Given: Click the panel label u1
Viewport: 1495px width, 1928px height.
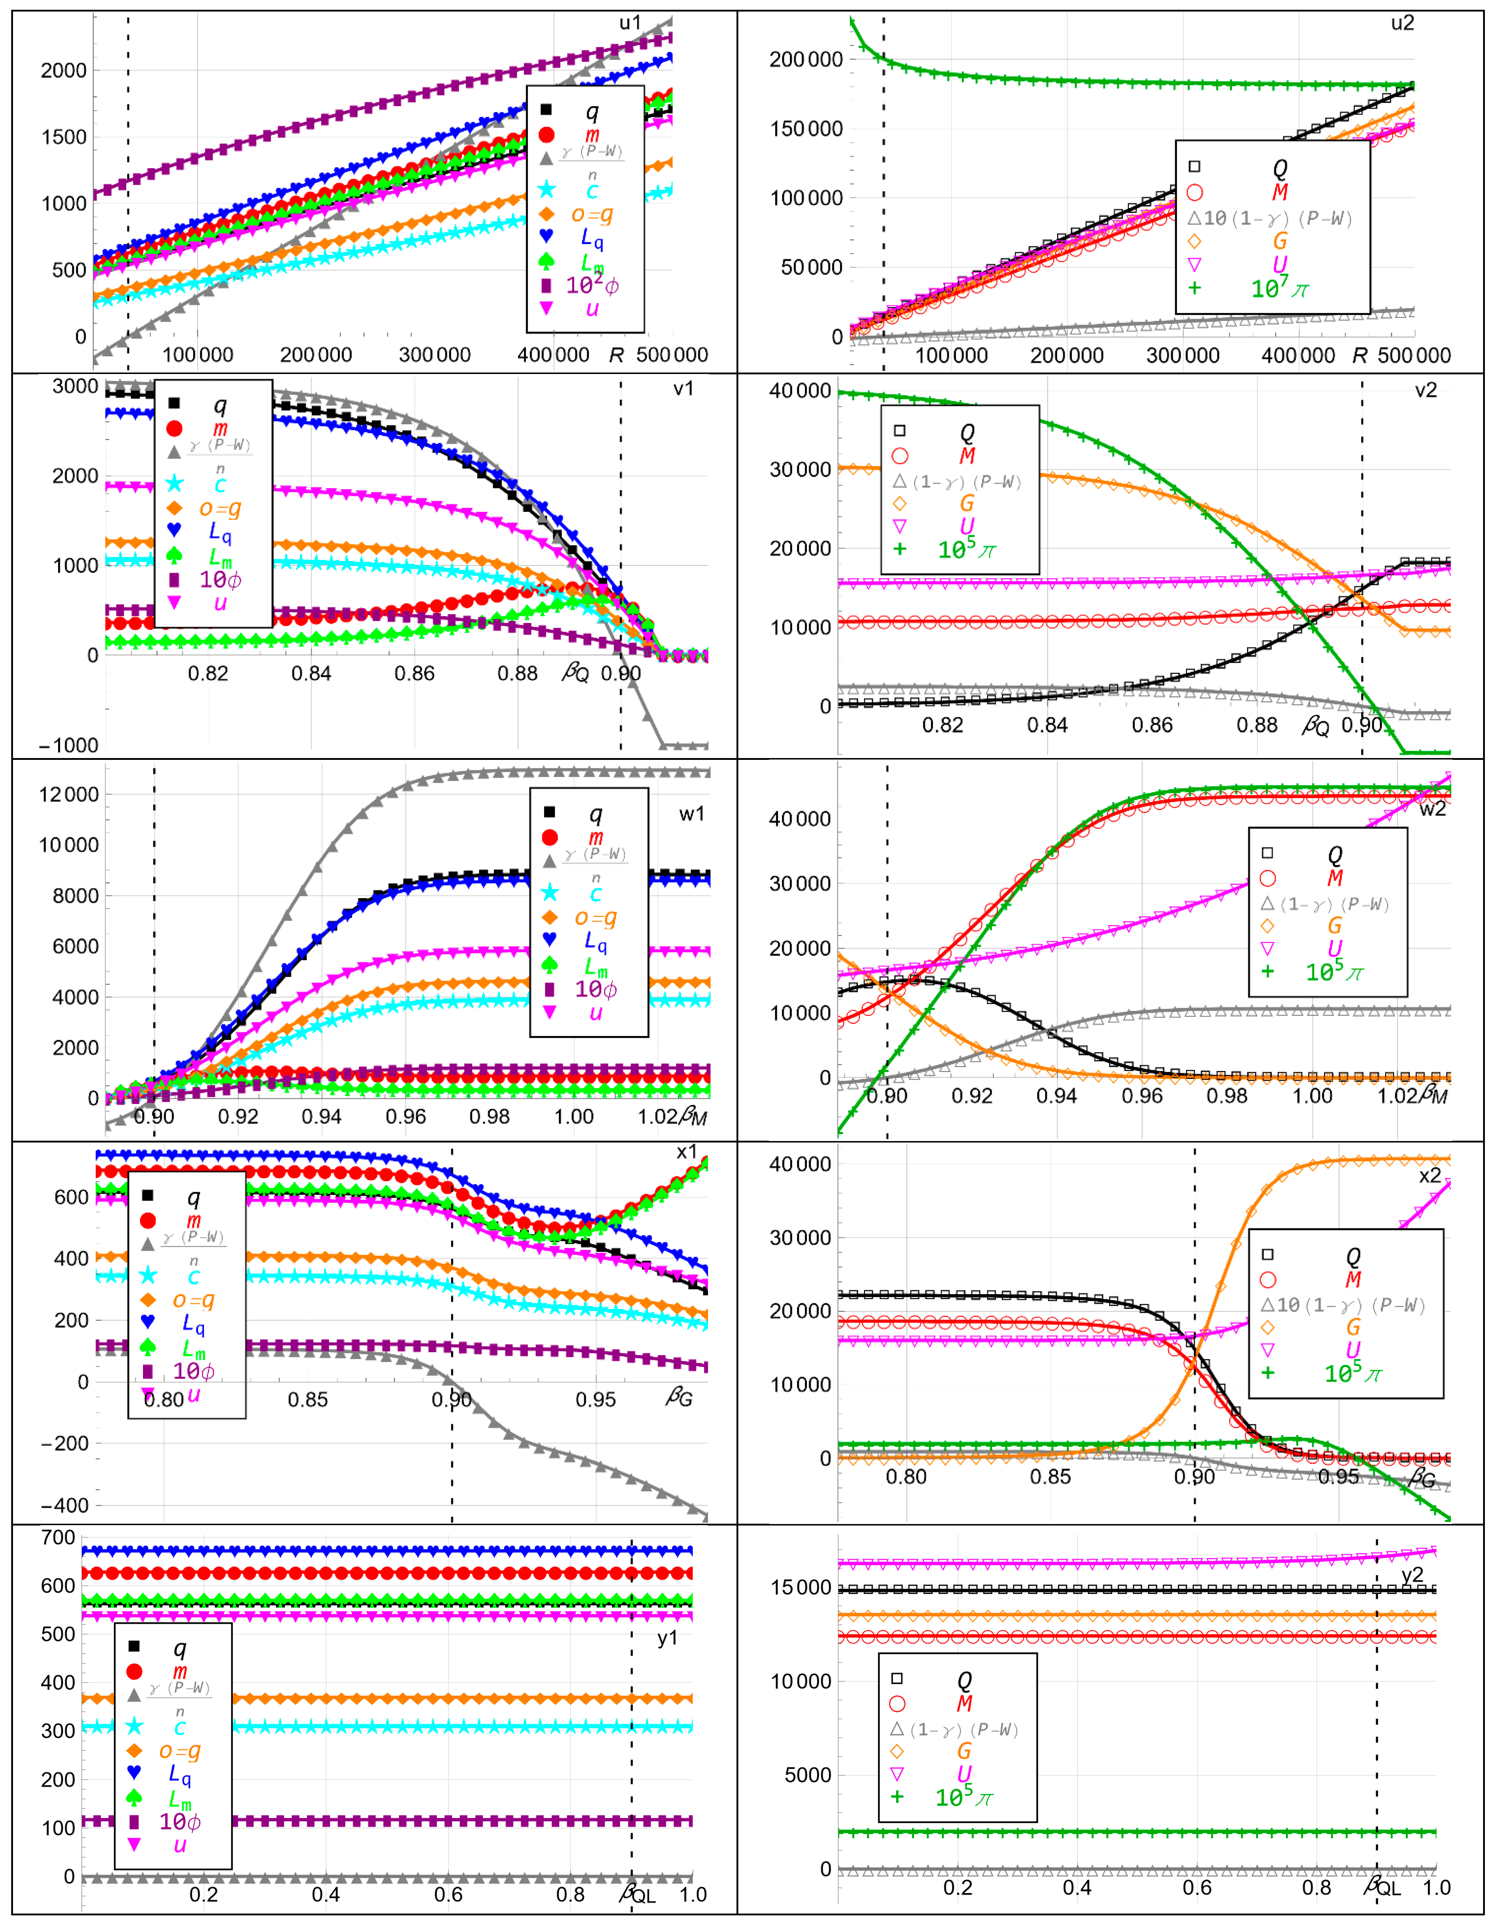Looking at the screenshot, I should click(630, 23).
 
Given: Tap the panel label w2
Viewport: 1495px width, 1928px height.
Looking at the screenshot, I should click(1432, 809).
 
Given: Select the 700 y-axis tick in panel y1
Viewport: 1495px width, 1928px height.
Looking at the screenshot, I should click(58, 1538).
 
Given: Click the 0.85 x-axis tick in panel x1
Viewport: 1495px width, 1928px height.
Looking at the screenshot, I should click(307, 1400).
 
